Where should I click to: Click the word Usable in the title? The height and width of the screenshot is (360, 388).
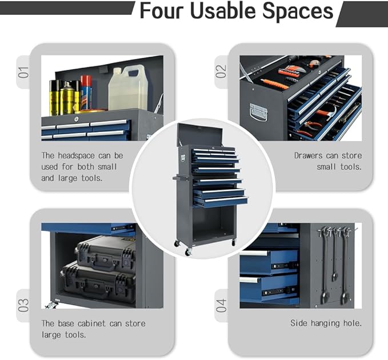click(x=223, y=11)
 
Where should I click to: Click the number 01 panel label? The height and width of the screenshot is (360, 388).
click(x=23, y=72)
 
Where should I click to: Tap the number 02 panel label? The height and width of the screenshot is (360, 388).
click(x=221, y=71)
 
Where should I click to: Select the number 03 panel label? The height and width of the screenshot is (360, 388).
click(x=23, y=305)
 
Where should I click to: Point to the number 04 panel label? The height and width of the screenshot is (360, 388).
click(x=221, y=305)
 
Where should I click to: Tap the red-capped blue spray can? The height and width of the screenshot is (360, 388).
click(x=86, y=93)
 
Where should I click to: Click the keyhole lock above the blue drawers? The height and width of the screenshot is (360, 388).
click(x=76, y=119)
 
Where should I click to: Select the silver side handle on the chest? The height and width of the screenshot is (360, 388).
click(x=259, y=112)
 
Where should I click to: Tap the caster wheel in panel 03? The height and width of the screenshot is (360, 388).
click(x=51, y=305)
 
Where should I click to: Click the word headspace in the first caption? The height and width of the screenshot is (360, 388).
click(x=76, y=155)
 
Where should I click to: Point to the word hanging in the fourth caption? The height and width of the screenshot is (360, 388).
click(x=325, y=323)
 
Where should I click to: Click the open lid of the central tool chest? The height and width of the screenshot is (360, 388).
click(x=200, y=135)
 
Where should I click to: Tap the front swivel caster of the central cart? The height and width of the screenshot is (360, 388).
click(x=189, y=252)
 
